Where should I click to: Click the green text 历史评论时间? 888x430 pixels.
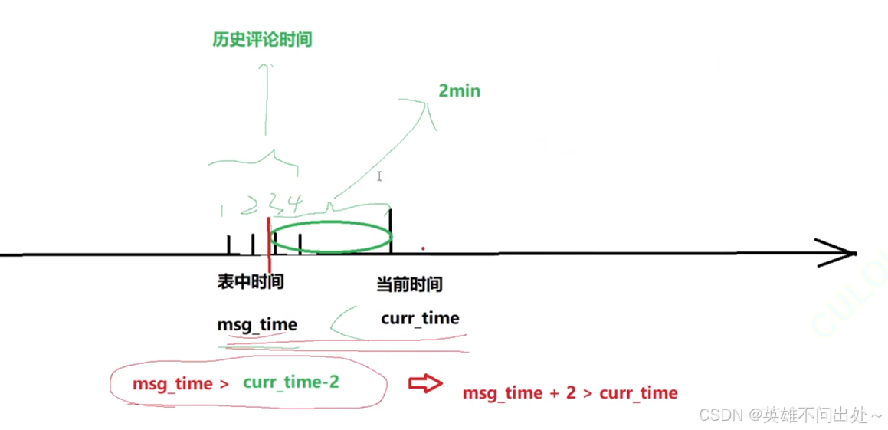click(x=262, y=40)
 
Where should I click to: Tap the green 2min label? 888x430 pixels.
click(x=459, y=90)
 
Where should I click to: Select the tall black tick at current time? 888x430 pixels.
click(x=392, y=231)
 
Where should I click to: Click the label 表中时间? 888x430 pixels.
click(x=251, y=282)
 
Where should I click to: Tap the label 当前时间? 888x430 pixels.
click(x=409, y=285)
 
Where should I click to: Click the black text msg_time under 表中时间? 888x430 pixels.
click(x=257, y=324)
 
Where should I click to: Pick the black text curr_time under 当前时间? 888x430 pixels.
click(x=420, y=318)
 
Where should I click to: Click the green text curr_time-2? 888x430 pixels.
click(x=290, y=382)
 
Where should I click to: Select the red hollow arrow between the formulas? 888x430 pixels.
click(x=424, y=383)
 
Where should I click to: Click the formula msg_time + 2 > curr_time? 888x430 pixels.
click(x=570, y=393)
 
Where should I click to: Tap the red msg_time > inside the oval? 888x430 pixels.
click(x=181, y=383)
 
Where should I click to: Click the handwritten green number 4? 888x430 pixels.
click(x=295, y=203)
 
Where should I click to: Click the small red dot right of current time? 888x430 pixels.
click(x=423, y=248)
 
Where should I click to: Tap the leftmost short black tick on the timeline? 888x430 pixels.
click(x=228, y=244)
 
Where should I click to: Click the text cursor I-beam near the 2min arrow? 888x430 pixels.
click(x=379, y=176)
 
